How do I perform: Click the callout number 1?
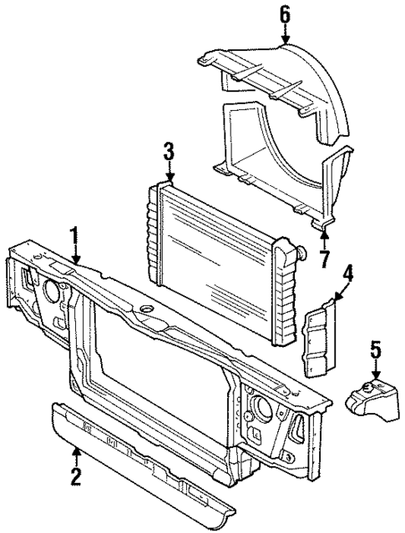tap(76, 237)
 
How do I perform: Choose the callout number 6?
tap(286, 14)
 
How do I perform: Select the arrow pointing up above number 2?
tap(76, 455)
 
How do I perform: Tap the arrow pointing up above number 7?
tap(323, 237)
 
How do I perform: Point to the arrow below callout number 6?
tap(286, 35)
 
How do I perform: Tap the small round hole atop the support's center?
tap(149, 312)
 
